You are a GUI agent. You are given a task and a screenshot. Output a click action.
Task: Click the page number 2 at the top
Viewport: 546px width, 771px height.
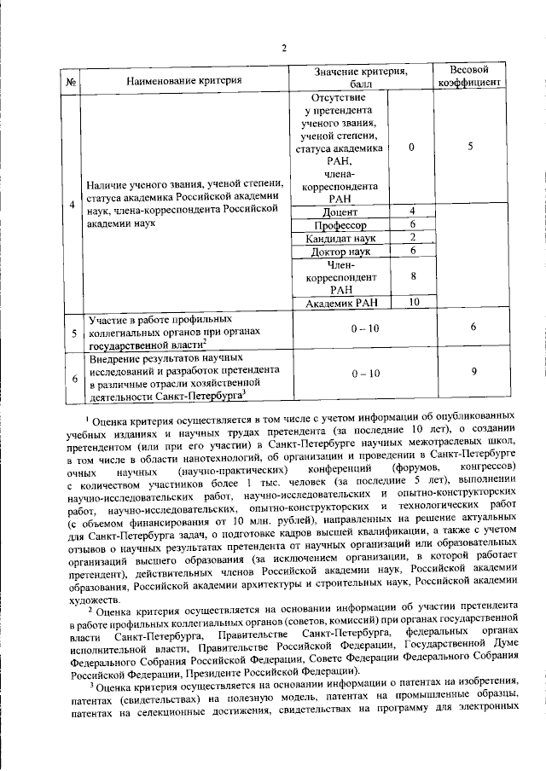[283, 48]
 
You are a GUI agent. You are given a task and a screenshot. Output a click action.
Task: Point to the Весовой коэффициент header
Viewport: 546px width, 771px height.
[468, 75]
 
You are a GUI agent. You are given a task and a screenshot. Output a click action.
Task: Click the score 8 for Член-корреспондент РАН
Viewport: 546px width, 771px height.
[411, 276]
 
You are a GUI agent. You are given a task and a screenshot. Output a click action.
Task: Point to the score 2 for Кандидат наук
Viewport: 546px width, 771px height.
[411, 238]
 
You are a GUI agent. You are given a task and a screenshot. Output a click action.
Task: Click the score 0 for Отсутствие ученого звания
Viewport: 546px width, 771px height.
[411, 147]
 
